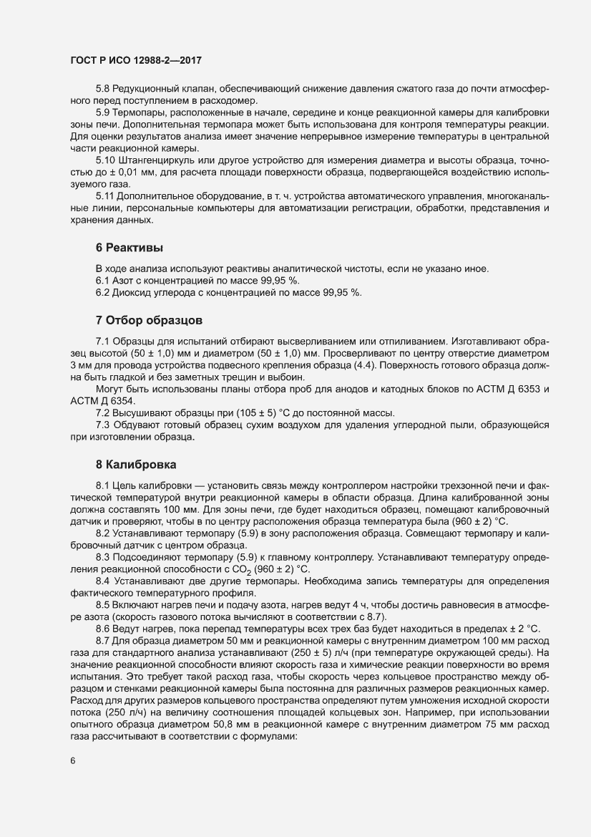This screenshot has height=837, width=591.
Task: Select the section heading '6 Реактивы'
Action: click(x=129, y=248)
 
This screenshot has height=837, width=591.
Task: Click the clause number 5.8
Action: click(x=103, y=89)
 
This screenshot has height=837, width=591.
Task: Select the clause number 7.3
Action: click(x=103, y=425)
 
